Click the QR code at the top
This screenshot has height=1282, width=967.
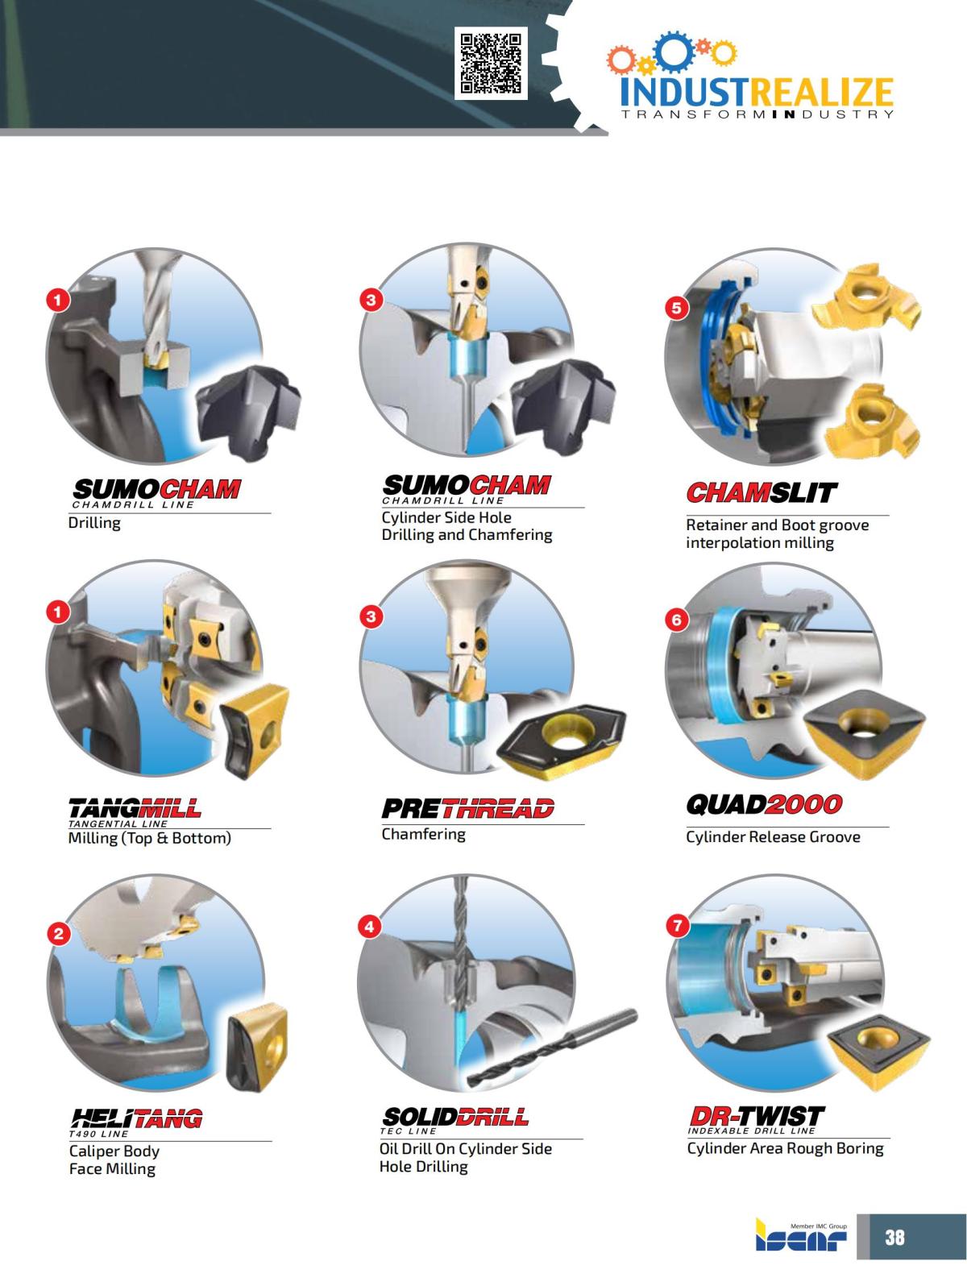coord(491,63)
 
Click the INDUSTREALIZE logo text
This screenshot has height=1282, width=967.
coord(757,93)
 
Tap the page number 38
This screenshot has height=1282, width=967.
coord(894,1237)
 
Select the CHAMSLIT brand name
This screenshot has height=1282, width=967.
coord(762,492)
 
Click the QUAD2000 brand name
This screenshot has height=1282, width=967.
coord(763,804)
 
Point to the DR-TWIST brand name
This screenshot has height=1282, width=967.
coord(757,1115)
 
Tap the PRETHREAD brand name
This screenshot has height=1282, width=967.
coord(467,807)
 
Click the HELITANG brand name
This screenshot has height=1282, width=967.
coord(135,1118)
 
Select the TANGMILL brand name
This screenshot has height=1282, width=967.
coord(135,807)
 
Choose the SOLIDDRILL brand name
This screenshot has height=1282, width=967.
coord(455,1117)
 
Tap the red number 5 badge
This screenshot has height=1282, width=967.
coord(676,308)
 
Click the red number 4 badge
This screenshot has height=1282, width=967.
coord(368,927)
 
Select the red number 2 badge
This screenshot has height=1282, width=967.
coord(58,934)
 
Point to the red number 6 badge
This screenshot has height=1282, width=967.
coord(677,620)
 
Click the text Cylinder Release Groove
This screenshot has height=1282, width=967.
coord(773,836)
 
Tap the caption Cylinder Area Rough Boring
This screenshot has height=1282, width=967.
coord(785,1148)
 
